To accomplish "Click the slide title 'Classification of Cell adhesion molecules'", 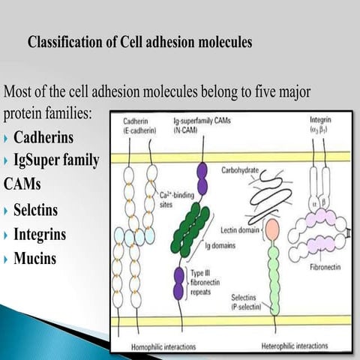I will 139,42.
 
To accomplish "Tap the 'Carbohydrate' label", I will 240,171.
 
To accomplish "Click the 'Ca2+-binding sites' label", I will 181,197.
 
